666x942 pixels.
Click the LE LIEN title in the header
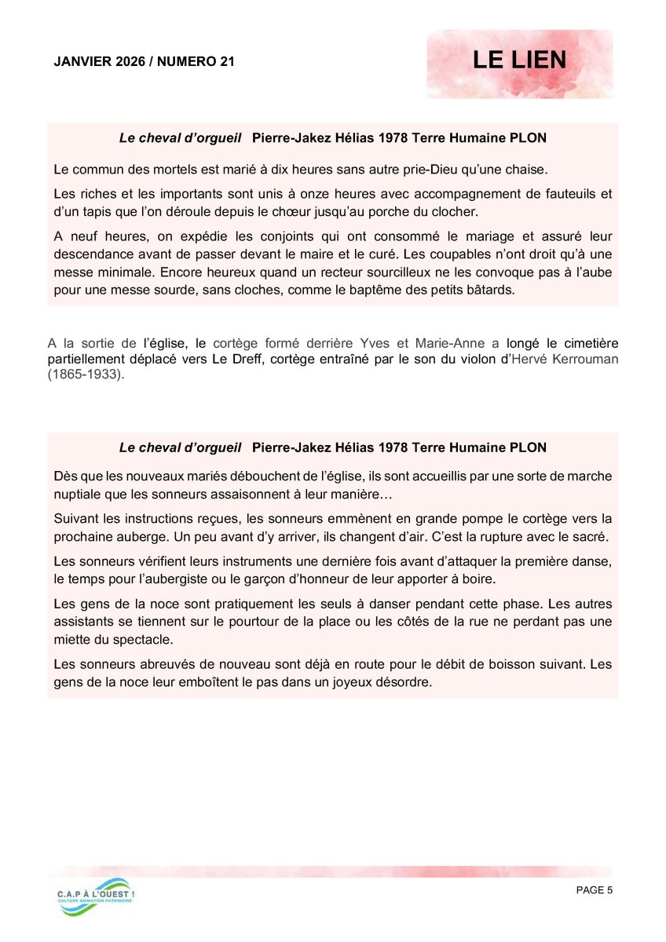tap(519, 61)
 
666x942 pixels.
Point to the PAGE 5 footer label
tap(594, 889)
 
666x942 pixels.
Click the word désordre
tap(404, 682)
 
